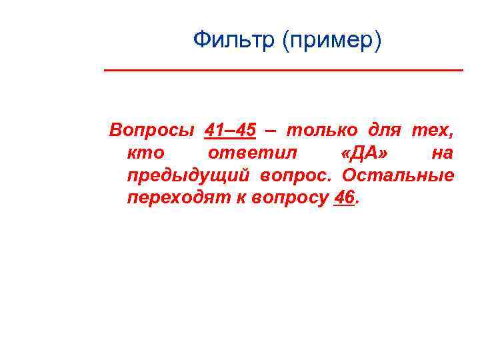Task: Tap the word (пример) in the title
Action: [331, 41]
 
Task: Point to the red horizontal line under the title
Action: [283, 70]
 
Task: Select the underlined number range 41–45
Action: [230, 130]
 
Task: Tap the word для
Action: [382, 130]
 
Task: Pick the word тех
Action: [433, 130]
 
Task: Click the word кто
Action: [145, 153]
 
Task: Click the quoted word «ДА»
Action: [366, 153]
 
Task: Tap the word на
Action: [443, 153]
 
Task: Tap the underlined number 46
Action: [343, 197]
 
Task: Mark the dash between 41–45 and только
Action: [271, 131]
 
